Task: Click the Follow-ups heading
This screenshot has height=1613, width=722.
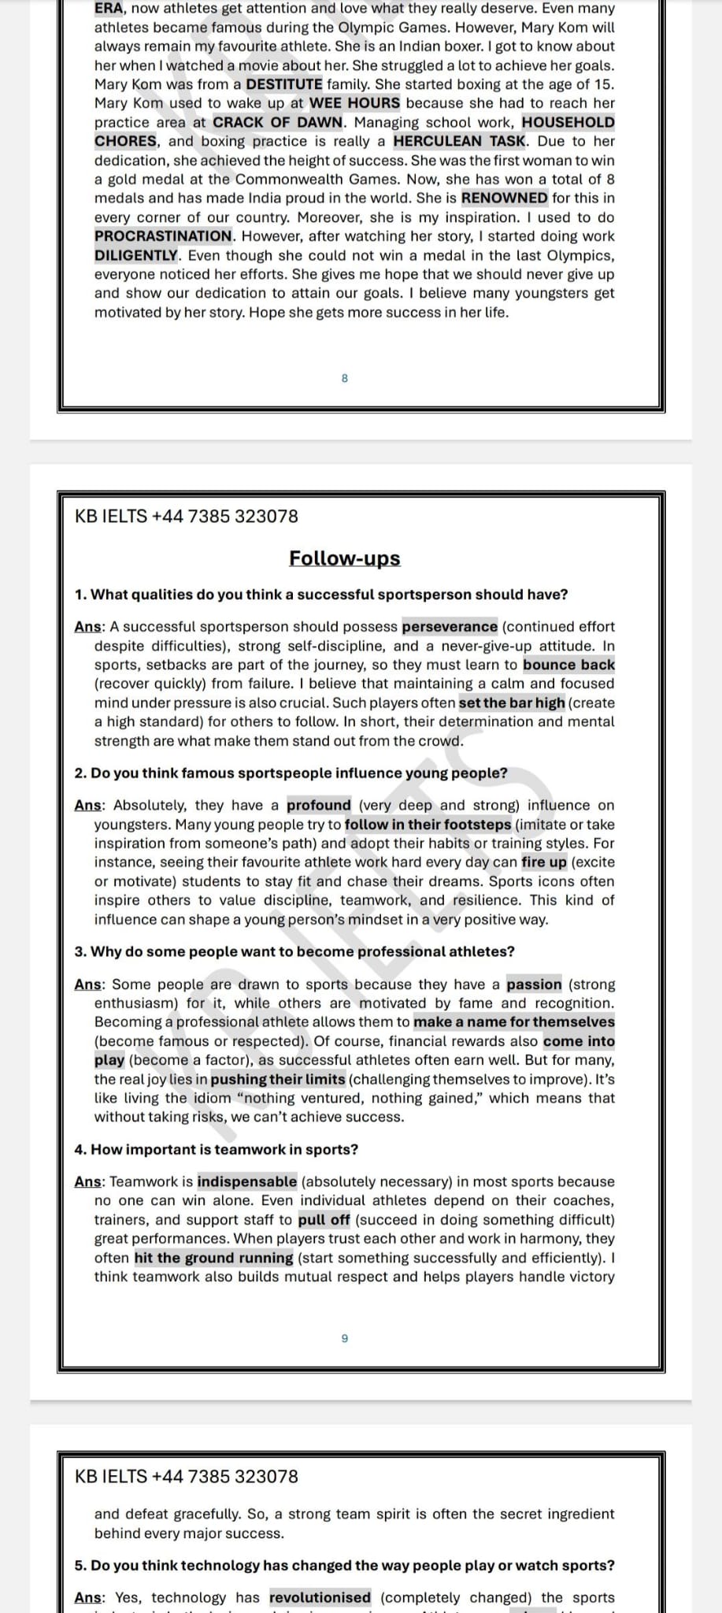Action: coord(344,558)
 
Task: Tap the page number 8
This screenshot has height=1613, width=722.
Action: coord(344,379)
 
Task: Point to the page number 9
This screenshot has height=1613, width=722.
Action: coord(344,1338)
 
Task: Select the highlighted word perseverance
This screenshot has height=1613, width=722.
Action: coord(450,627)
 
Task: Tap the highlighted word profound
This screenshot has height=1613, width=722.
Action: coord(319,805)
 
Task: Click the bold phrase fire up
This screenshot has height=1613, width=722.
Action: coord(544,862)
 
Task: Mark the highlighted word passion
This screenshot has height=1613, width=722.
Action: coord(534,984)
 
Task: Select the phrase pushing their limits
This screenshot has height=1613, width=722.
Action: coord(278,1079)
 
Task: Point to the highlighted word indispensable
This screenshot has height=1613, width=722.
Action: coord(247,1181)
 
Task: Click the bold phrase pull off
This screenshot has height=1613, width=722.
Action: coord(324,1220)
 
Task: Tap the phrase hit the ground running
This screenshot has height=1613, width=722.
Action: coord(213,1258)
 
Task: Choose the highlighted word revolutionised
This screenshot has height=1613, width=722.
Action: coord(320,1597)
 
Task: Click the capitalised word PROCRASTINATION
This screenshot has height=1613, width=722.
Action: coord(164,236)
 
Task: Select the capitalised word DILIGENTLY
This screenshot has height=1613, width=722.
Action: coord(136,255)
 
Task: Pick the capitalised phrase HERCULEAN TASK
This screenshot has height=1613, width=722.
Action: coord(459,141)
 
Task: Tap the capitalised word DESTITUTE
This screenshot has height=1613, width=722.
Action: coord(284,84)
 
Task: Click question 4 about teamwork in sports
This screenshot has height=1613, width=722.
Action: coord(217,1149)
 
